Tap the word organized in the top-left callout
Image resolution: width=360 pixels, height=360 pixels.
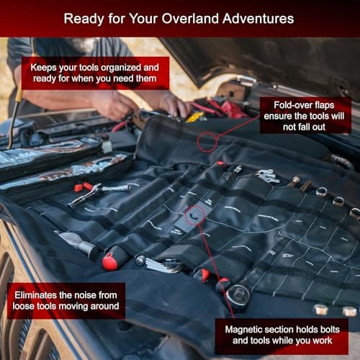(x=130, y=66)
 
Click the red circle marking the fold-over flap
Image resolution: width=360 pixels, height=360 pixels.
(x=207, y=140)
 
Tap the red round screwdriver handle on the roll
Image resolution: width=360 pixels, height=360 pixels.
(x=110, y=261)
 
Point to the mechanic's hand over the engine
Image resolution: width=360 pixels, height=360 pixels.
(x=115, y=104)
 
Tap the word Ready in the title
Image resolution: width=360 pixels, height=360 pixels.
(x=84, y=17)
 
